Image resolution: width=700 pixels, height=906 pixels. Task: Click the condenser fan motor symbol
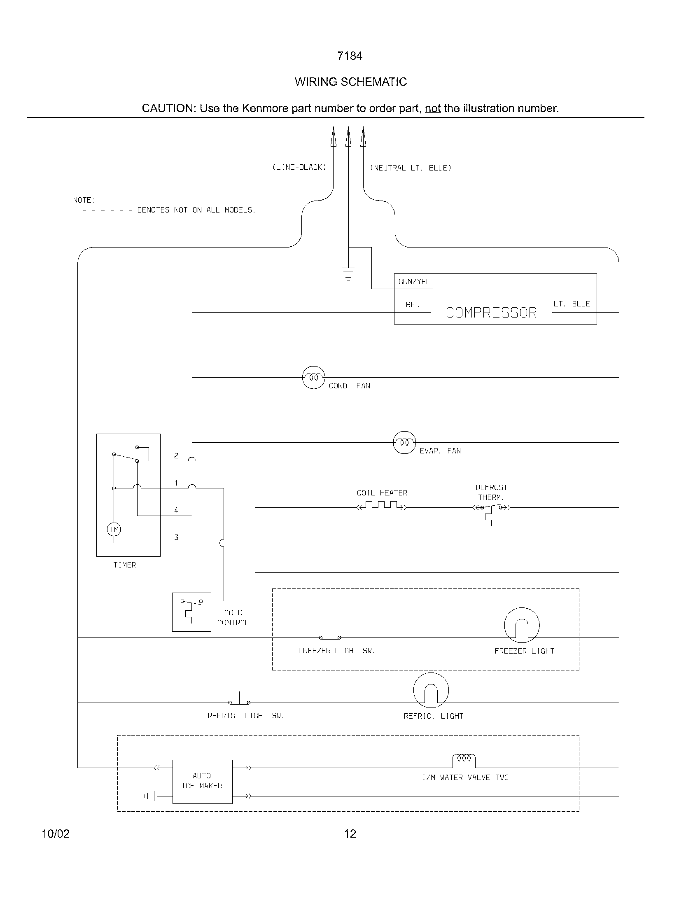pos(313,378)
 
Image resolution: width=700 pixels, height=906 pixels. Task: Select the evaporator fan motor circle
pos(404,443)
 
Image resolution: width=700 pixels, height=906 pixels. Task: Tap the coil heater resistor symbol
pos(382,505)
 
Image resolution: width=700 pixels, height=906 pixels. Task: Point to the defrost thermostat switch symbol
pos(491,508)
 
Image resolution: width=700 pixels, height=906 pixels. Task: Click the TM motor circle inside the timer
pos(114,529)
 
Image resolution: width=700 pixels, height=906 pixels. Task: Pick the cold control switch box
pos(191,612)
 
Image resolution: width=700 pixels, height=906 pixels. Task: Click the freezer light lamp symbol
pos(522,625)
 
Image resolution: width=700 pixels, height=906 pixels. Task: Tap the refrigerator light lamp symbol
pos(431,690)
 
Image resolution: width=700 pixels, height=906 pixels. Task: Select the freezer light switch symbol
pos(330,635)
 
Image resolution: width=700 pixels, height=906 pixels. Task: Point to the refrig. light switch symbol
pos(239,700)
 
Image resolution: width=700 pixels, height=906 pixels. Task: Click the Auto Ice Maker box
pos(202,782)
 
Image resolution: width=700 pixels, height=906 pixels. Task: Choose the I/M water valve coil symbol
pos(464,758)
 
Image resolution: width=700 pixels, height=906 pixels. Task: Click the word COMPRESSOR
pos(491,313)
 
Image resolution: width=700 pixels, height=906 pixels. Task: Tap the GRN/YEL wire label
pos(414,282)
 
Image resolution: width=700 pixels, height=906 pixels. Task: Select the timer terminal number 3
pos(176,537)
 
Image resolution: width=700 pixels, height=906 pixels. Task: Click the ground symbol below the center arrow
pos(348,274)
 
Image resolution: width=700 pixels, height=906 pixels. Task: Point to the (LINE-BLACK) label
pos(299,167)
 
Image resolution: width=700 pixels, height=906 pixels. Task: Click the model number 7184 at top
pos(350,56)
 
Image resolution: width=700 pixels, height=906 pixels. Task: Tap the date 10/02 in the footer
pos(56,834)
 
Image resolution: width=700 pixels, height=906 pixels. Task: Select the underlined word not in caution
pos(432,108)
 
